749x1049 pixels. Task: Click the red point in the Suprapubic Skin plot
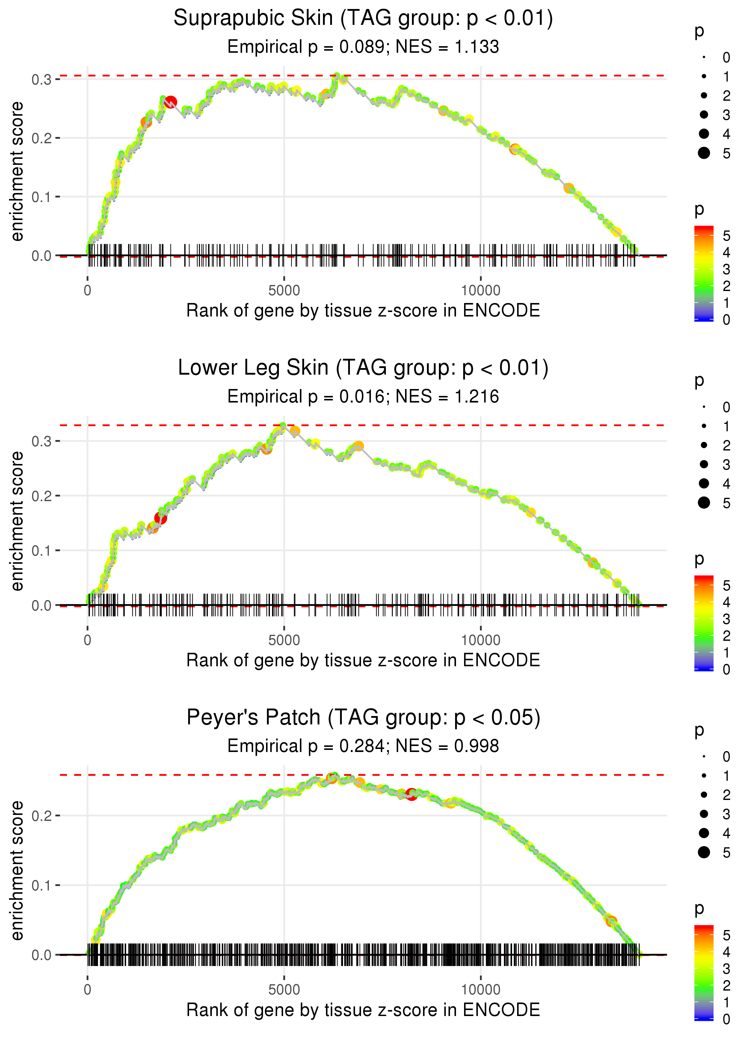(171, 102)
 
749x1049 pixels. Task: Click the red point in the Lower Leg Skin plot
(161, 518)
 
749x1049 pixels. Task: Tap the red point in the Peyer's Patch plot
(411, 794)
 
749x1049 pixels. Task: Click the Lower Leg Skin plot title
(363, 368)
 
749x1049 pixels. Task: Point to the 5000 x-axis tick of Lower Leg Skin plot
(284, 640)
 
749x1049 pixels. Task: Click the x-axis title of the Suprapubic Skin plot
(363, 311)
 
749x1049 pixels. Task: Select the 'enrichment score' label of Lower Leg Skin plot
(17, 521)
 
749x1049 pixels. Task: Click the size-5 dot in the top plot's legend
(704, 153)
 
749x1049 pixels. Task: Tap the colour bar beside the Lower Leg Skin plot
(703, 623)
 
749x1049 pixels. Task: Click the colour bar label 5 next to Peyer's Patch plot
(727, 935)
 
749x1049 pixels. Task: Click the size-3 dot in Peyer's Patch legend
(704, 814)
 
